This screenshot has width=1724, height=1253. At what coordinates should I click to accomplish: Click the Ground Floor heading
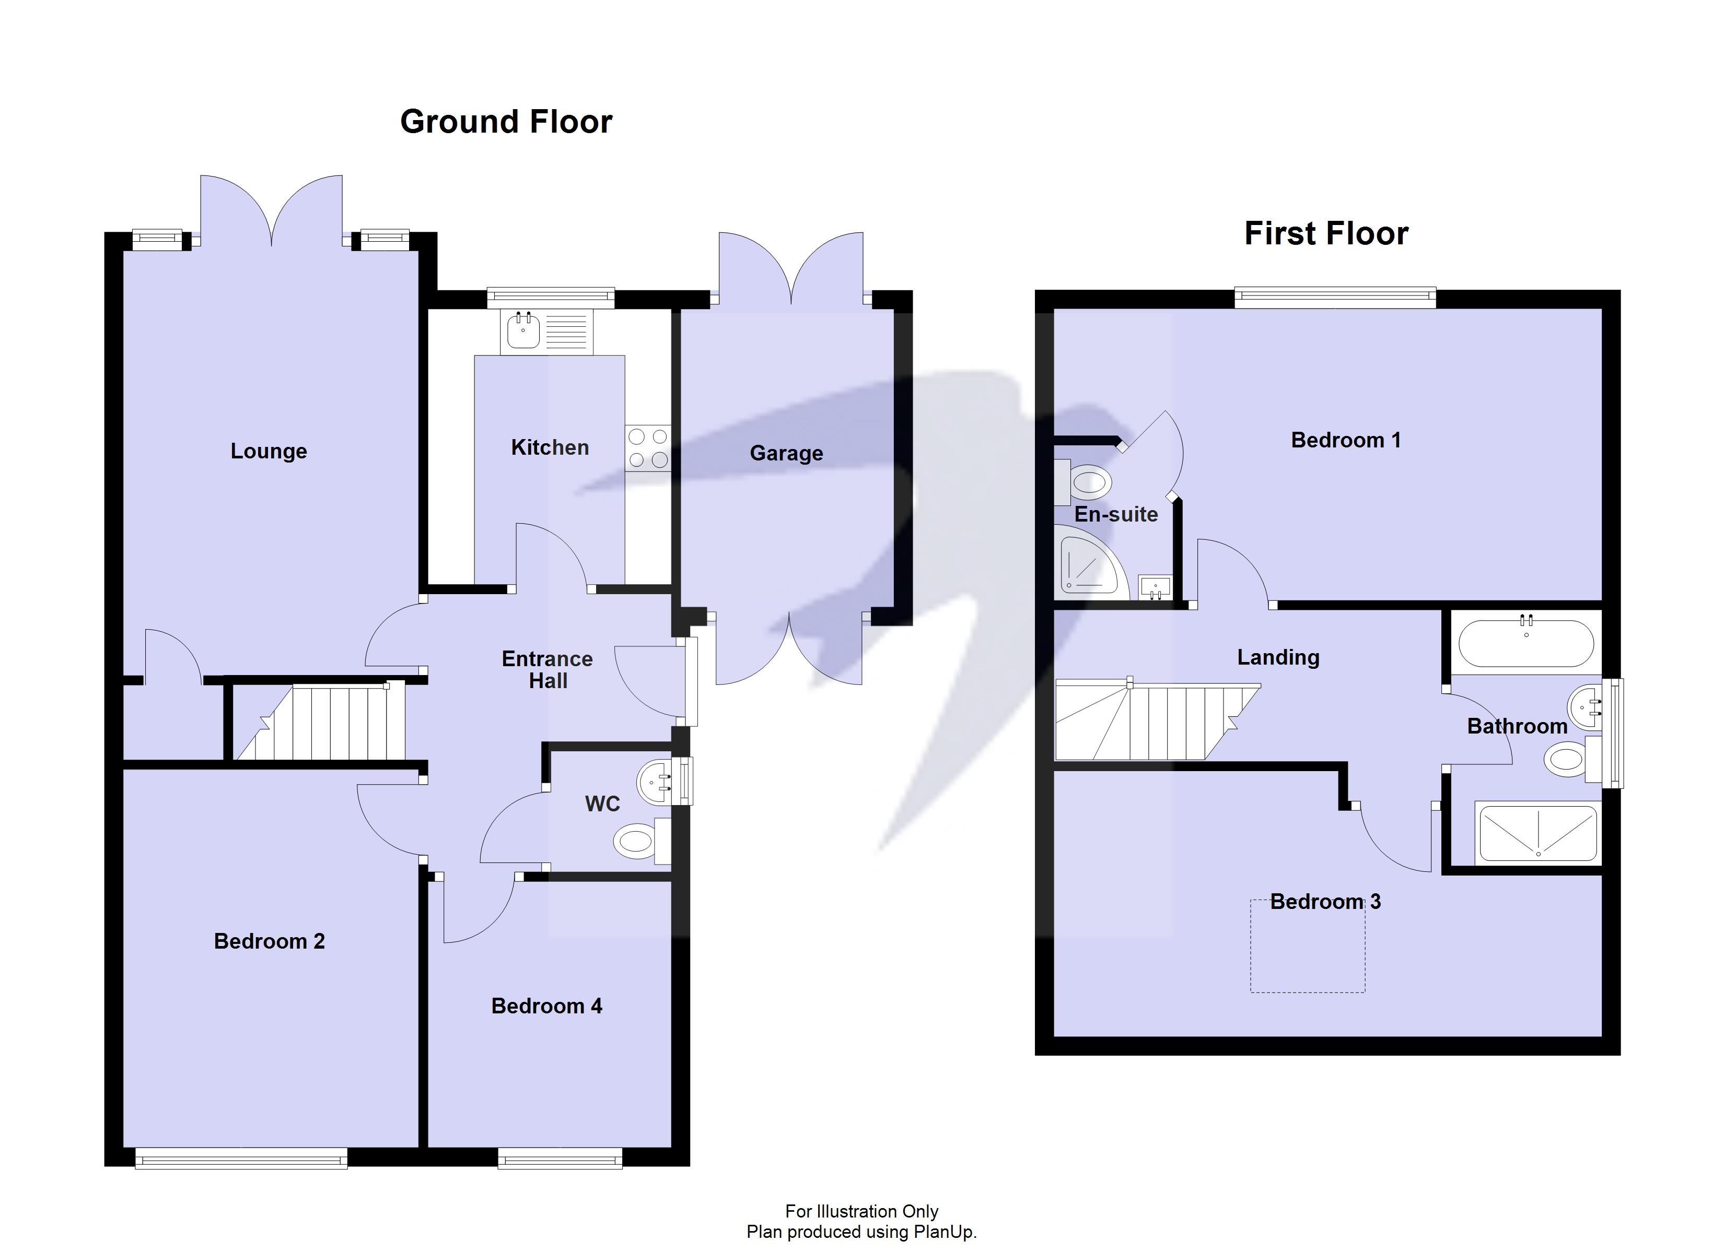tap(506, 122)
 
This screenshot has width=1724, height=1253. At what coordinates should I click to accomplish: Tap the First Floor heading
tap(1326, 233)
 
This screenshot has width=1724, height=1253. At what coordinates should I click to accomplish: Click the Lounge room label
tap(269, 452)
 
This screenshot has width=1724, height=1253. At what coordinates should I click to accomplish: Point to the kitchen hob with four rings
tap(648, 448)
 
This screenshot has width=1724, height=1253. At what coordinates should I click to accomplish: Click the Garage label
tap(786, 454)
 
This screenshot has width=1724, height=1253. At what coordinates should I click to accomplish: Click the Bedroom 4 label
tap(546, 1006)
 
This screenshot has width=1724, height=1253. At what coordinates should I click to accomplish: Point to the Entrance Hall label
tap(548, 669)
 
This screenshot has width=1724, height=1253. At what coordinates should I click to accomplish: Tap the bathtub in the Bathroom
tap(1525, 644)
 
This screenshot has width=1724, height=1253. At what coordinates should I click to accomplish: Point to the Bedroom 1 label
tap(1345, 440)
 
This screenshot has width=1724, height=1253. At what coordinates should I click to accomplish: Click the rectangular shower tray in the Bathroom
tap(1537, 834)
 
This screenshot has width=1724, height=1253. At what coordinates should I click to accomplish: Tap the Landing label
tap(1278, 657)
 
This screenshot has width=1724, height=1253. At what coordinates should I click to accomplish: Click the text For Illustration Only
tap(861, 1211)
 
